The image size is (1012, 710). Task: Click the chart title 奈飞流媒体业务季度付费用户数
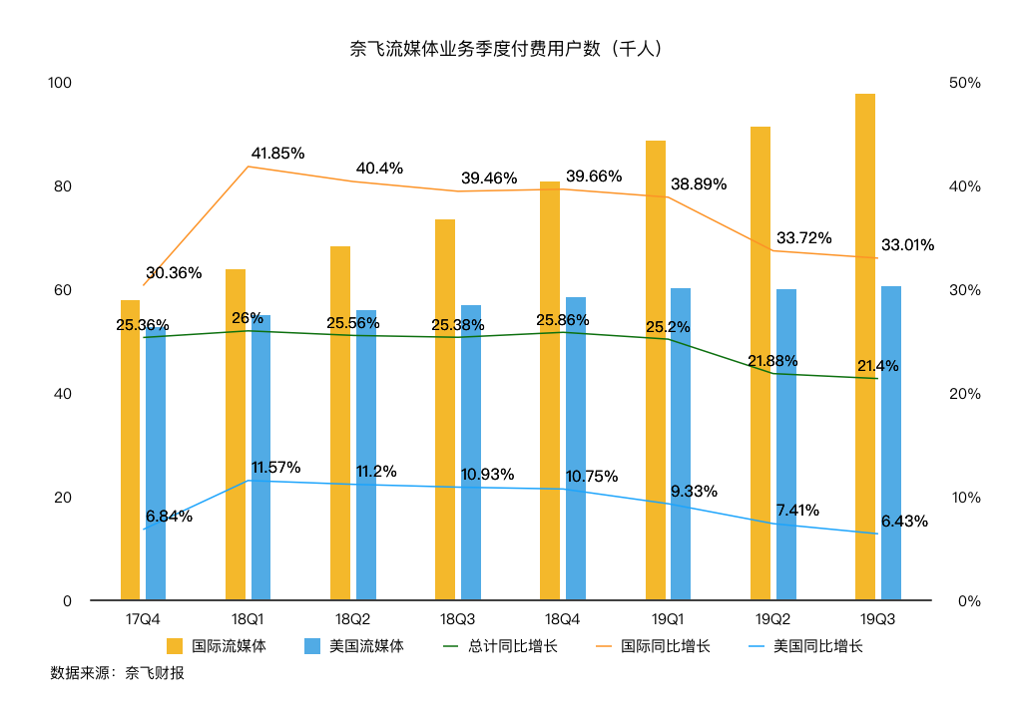(x=506, y=48)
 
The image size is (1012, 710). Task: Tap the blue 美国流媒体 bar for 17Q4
(x=156, y=459)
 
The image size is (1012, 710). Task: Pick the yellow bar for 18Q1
(x=236, y=435)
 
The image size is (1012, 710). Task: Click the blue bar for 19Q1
(x=681, y=445)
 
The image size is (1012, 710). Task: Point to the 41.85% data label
(x=277, y=154)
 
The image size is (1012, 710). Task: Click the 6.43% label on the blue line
(x=904, y=521)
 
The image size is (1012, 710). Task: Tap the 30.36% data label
(x=174, y=272)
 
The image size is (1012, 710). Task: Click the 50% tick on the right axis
(x=962, y=83)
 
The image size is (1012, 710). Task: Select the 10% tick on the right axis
(x=962, y=498)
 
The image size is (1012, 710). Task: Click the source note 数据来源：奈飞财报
(x=117, y=673)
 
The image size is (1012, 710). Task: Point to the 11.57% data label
(x=275, y=467)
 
